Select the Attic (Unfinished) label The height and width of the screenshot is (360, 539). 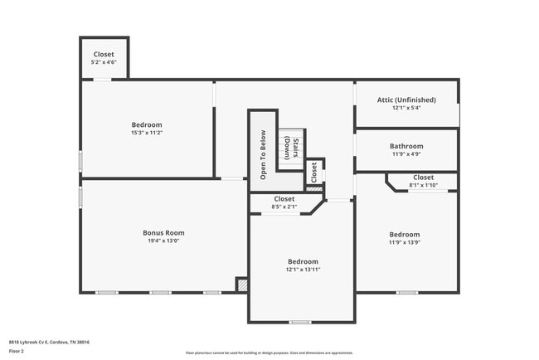(x=406, y=100)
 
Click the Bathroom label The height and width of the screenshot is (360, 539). (x=406, y=146)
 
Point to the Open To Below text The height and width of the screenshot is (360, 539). (x=263, y=155)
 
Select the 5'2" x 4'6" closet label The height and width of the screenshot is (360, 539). (x=104, y=61)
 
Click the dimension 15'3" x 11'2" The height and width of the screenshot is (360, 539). (x=146, y=133)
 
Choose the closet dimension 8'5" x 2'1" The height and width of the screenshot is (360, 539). (x=284, y=207)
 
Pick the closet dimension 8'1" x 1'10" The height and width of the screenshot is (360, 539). (x=423, y=185)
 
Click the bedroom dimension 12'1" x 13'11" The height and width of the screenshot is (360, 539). (x=303, y=270)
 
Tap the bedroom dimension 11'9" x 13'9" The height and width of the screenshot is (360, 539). (x=405, y=243)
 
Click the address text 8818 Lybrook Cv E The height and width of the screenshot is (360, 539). (x=49, y=342)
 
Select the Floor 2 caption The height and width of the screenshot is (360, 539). (x=17, y=351)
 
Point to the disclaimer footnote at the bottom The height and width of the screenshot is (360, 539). (x=269, y=353)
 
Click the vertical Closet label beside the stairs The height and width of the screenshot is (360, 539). (x=313, y=173)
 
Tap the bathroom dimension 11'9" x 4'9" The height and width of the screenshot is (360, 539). (x=406, y=154)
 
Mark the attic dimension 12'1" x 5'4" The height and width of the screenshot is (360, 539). (x=406, y=108)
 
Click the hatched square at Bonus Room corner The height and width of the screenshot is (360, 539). (x=241, y=285)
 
